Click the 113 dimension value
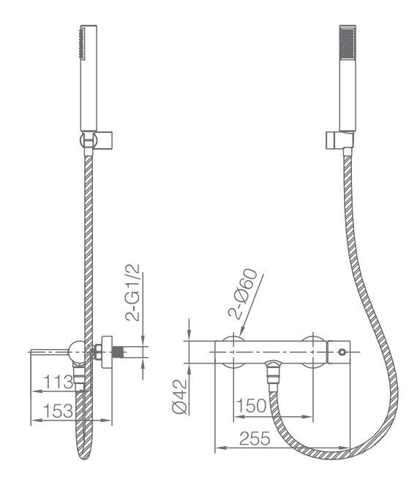click(x=58, y=382)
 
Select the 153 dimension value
click(x=58, y=410)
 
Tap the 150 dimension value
click(x=252, y=406)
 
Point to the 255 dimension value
click(x=255, y=438)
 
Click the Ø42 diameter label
click(x=180, y=396)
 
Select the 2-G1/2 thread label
click(x=132, y=292)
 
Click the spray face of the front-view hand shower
click(x=347, y=43)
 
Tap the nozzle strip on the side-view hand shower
click(x=81, y=43)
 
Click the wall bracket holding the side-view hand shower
click(x=97, y=140)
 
